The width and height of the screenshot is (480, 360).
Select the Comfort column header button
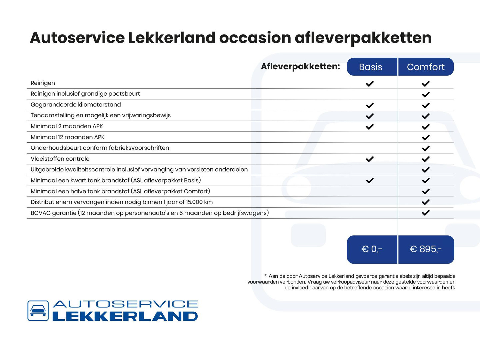[426, 67]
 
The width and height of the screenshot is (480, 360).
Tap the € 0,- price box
[372, 249]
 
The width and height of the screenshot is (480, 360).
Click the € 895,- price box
[426, 249]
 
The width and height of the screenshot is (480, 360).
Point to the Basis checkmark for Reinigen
[370, 84]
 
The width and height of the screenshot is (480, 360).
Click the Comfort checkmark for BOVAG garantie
[426, 213]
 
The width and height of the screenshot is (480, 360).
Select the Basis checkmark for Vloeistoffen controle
[370, 159]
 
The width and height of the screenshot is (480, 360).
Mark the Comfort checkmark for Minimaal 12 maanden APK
[426, 137]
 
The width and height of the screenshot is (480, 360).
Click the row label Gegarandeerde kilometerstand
[76, 105]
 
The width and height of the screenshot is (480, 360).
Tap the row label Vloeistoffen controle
[60, 159]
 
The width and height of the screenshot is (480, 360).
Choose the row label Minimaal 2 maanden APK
[67, 126]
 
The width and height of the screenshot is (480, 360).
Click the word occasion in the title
[255, 38]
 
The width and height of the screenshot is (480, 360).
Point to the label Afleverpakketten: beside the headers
[300, 66]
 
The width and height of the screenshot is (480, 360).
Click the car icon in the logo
[38, 311]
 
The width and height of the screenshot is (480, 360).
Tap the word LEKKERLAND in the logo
[125, 316]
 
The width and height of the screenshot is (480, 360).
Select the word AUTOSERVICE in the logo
[125, 304]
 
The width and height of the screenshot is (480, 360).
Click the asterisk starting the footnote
[266, 276]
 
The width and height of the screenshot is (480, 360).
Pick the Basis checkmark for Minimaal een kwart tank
[370, 180]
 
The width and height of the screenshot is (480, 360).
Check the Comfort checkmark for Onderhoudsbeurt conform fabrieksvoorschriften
[426, 148]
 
